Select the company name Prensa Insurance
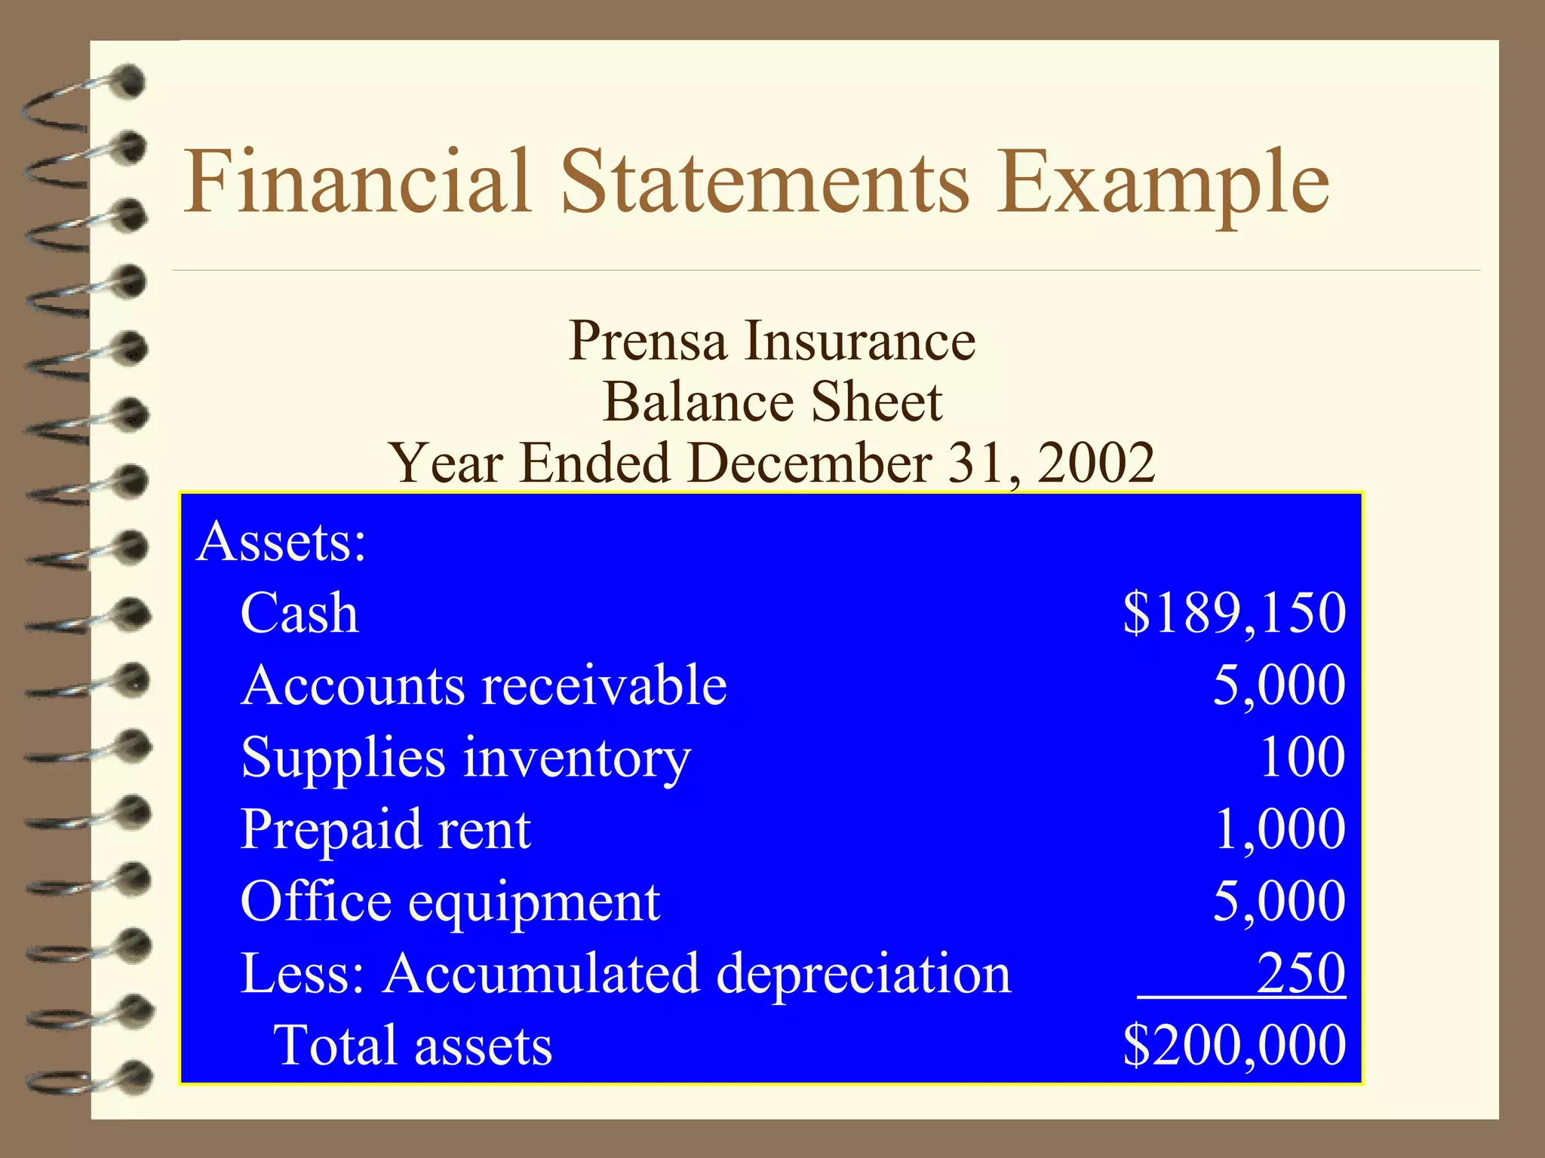click(772, 341)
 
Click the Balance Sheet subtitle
click(772, 402)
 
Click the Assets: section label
click(281, 541)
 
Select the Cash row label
click(299, 612)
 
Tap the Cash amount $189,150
click(1234, 612)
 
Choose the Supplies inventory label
click(465, 757)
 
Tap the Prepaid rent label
click(385, 829)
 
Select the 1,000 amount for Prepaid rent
click(1279, 829)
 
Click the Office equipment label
click(450, 902)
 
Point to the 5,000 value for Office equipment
click(1279, 901)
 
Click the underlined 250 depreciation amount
click(1301, 973)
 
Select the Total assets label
click(413, 1046)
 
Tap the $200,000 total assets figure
click(1234, 1045)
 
